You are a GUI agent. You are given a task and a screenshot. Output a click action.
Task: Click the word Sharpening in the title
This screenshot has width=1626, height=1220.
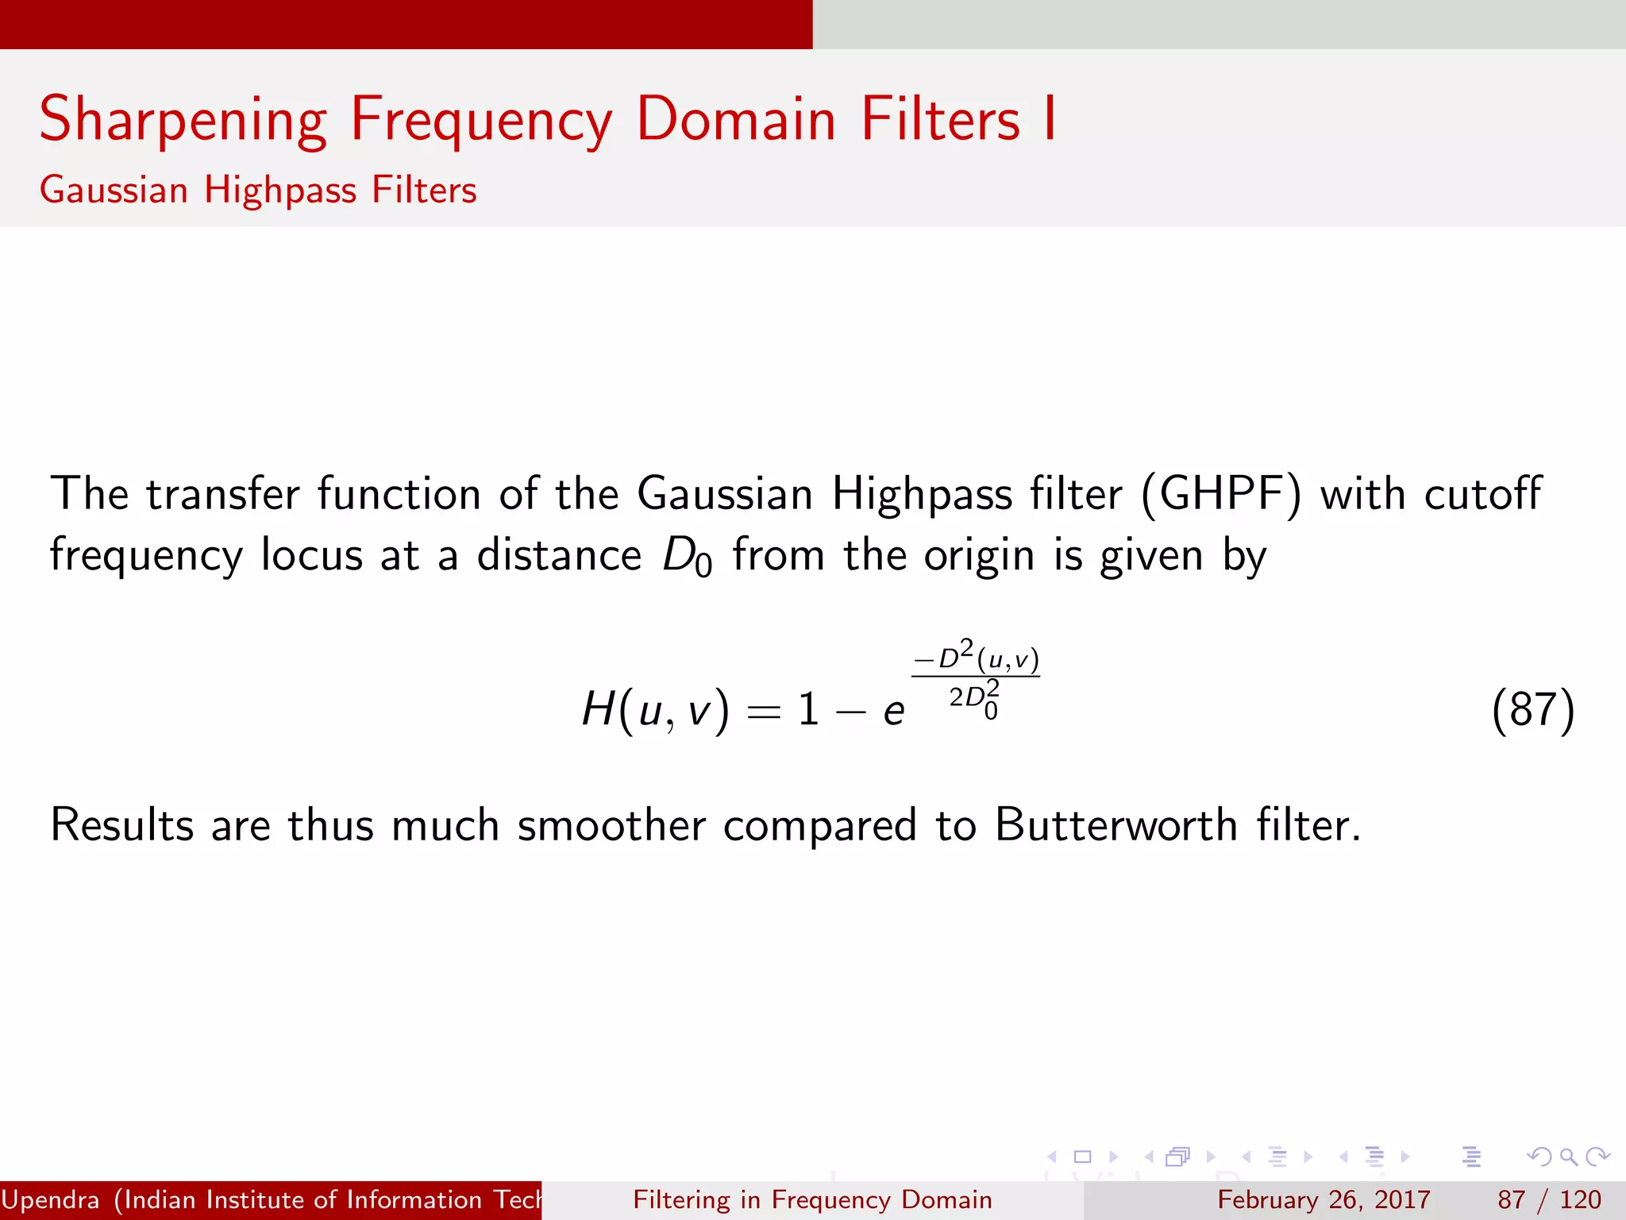183,120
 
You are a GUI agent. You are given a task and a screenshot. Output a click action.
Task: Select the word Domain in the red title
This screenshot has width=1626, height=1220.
736,120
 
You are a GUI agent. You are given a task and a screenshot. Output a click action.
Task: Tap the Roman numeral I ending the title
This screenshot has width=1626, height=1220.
1050,118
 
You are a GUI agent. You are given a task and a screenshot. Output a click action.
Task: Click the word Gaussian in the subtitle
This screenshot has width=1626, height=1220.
114,191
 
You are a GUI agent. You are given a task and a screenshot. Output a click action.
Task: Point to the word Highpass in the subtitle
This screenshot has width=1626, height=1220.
280,191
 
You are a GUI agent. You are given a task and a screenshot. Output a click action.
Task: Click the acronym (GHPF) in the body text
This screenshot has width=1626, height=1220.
1221,494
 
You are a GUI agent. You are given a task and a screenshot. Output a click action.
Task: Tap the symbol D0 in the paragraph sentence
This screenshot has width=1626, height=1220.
687,556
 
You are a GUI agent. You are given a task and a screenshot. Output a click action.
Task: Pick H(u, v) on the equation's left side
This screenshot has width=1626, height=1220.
655,708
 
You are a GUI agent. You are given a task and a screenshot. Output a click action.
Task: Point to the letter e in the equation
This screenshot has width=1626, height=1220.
894,711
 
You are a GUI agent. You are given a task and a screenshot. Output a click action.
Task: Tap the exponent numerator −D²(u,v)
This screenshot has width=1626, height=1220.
976,658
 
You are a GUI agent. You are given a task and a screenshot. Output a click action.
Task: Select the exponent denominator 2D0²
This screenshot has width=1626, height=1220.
974,699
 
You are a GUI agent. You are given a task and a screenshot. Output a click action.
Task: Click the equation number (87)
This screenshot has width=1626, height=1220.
1532,710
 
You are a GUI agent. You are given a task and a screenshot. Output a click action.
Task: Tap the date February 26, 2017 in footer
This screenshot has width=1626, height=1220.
1324,1199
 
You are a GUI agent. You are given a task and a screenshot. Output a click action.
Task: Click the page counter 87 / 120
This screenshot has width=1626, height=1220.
1549,1199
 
